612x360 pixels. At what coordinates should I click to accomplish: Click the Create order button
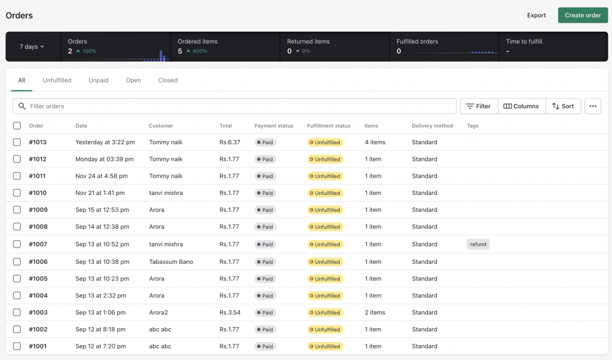pyautogui.click(x=583, y=16)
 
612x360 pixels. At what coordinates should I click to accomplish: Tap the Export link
pyautogui.click(x=536, y=16)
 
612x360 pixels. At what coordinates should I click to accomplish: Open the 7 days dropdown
pyautogui.click(x=32, y=47)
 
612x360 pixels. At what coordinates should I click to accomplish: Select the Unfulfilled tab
pyautogui.click(x=57, y=80)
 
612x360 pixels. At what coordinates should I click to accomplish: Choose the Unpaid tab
pyautogui.click(x=99, y=80)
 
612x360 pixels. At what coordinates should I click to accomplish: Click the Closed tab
pyautogui.click(x=168, y=80)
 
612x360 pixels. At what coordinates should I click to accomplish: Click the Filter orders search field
pyautogui.click(x=239, y=106)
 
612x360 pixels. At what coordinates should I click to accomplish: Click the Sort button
pyautogui.click(x=563, y=106)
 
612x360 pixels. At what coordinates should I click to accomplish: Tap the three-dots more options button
pyautogui.click(x=592, y=106)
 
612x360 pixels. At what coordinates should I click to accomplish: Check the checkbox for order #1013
pyautogui.click(x=17, y=142)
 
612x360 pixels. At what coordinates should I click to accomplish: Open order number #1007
pyautogui.click(x=38, y=244)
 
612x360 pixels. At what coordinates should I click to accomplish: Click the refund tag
pyautogui.click(x=478, y=244)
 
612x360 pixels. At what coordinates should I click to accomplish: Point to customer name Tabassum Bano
pyautogui.click(x=171, y=262)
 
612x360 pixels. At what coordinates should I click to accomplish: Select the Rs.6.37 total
pyautogui.click(x=229, y=142)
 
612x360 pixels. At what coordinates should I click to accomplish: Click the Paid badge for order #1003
pyautogui.click(x=265, y=313)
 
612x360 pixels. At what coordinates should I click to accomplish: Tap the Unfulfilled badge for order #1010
pyautogui.click(x=325, y=193)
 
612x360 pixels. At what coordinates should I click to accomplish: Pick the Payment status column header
pyautogui.click(x=274, y=126)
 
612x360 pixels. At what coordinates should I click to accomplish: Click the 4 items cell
pyautogui.click(x=375, y=142)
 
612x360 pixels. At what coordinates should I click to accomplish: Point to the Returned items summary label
pyautogui.click(x=308, y=42)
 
